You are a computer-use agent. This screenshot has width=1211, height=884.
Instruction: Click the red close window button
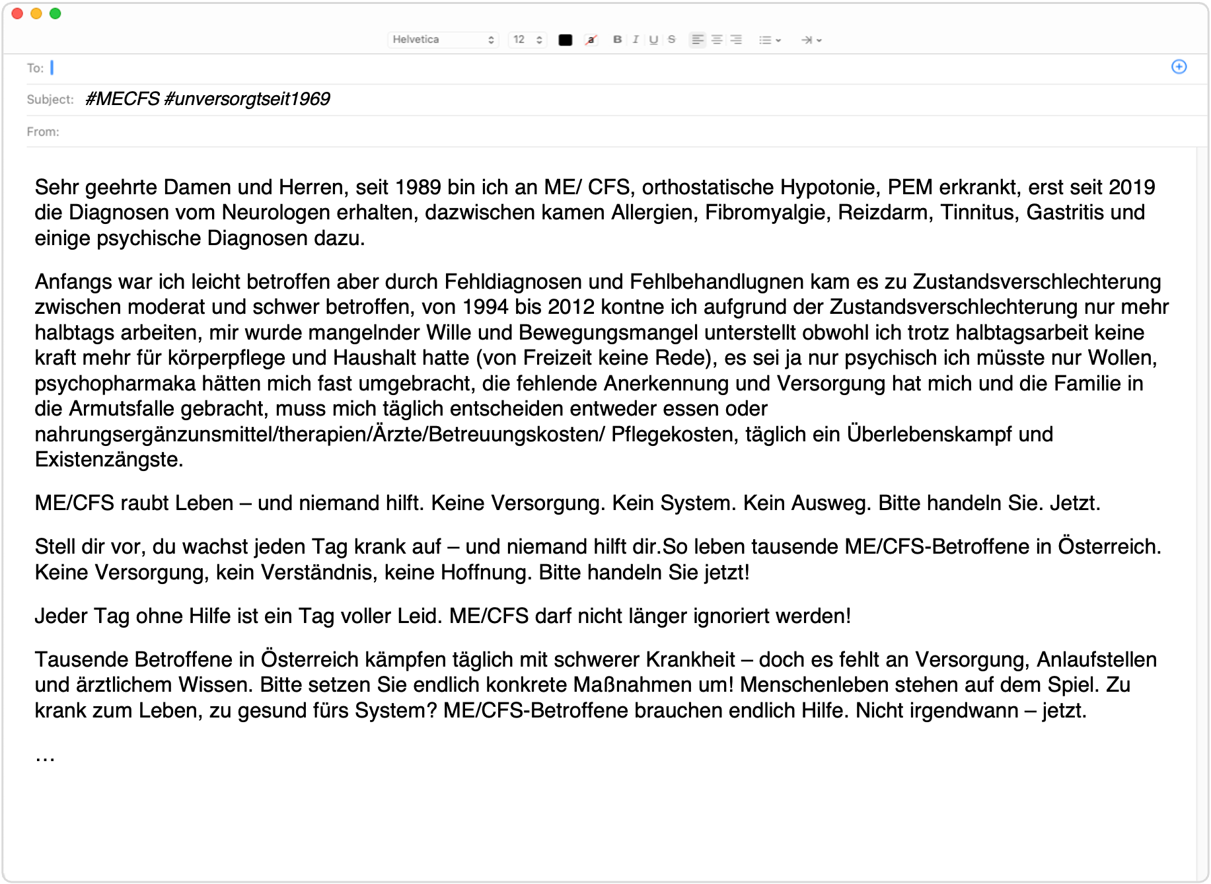18,13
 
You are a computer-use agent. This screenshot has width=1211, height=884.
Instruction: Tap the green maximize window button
55,13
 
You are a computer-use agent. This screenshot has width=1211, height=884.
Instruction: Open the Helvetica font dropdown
443,40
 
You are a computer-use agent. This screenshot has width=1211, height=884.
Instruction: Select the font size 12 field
527,40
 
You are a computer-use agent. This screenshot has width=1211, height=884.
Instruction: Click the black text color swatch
565,40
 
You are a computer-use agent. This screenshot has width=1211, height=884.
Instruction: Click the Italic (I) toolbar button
636,40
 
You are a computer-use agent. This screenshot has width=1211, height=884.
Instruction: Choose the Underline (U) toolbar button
653,40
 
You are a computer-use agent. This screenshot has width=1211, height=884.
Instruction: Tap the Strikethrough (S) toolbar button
671,40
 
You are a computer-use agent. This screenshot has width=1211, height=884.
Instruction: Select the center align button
717,40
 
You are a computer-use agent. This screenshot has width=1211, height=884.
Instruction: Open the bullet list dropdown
770,40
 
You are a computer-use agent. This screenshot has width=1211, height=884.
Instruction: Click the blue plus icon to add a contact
1179,67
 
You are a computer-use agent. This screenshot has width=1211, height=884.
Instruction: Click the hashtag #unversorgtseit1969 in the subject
247,99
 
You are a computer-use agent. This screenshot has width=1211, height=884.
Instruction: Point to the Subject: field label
50,100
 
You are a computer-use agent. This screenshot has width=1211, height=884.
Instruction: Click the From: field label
43,132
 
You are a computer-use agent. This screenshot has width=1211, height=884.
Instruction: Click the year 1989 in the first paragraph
418,188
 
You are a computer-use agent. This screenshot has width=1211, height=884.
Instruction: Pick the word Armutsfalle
122,409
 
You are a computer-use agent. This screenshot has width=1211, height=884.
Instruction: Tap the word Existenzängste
108,460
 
